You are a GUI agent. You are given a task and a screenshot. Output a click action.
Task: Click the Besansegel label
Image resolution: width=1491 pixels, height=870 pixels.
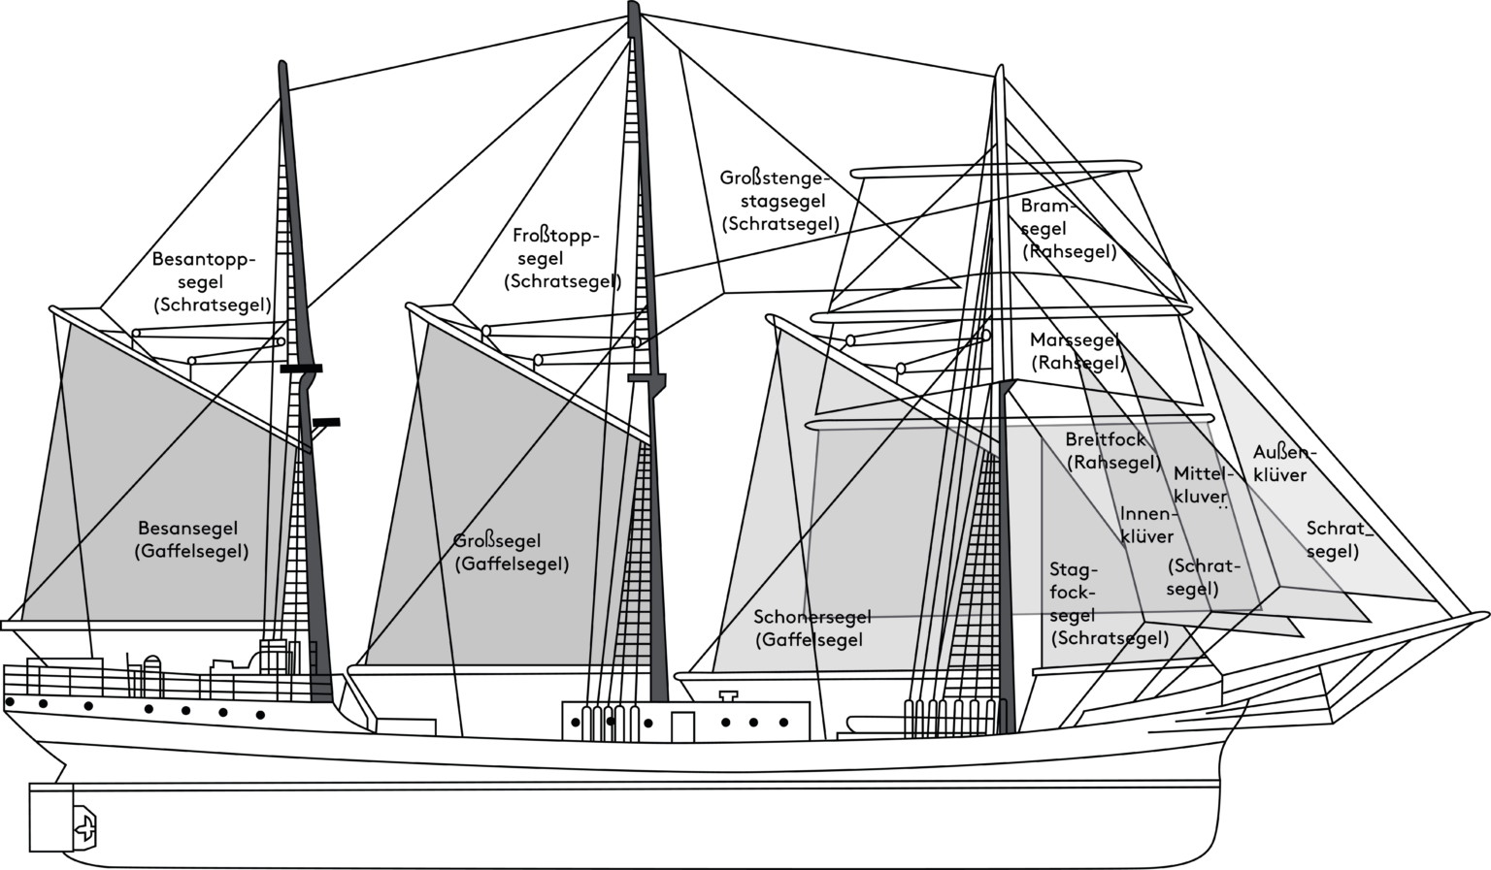pos(186,530)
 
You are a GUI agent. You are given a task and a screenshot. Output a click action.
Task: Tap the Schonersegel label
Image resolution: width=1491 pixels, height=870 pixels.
pos(812,617)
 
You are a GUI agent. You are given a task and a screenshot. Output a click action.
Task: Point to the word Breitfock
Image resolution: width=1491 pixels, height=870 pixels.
pos(1105,440)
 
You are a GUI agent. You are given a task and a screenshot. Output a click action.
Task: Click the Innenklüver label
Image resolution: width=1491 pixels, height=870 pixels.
pos(1146,525)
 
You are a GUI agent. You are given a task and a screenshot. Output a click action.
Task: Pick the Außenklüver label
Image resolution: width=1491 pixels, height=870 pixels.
pos(1279,464)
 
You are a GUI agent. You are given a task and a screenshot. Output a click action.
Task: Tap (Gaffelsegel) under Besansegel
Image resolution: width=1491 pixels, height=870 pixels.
pos(190,552)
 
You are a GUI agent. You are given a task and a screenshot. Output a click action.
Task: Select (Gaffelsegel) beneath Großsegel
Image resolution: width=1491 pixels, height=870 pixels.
pos(511,564)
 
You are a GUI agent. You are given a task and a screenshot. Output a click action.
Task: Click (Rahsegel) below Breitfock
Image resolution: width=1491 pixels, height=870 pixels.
pos(1112,463)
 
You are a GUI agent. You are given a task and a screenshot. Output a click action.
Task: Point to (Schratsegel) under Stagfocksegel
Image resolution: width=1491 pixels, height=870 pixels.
pos(1109,638)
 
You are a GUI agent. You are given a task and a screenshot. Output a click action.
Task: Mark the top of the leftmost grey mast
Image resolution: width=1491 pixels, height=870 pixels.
pos(282,66)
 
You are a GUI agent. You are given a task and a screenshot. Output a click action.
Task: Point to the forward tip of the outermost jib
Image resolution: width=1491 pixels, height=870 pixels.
pos(1433,597)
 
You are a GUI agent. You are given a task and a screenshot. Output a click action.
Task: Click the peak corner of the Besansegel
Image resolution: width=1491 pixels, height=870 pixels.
pos(71,326)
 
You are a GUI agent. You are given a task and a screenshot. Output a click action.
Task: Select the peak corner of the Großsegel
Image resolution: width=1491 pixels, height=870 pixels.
pos(427,326)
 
